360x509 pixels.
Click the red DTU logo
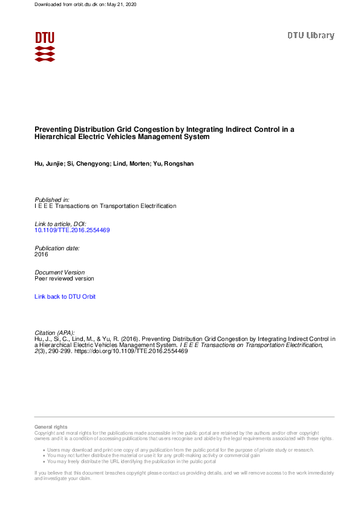[x=45, y=46]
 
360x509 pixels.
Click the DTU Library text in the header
[x=310, y=35]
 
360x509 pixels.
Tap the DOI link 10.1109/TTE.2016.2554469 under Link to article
[x=72, y=230]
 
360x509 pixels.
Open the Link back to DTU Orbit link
[x=65, y=297]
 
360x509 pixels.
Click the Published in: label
[x=52, y=199]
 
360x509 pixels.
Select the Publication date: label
[x=57, y=248]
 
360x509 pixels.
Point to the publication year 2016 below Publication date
[x=41, y=254]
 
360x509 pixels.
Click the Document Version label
[x=60, y=273]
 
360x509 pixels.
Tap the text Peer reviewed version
[x=64, y=279]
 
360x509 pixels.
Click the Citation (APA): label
[x=56, y=333]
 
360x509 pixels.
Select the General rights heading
[x=51, y=427]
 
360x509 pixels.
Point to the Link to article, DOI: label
[x=61, y=224]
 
